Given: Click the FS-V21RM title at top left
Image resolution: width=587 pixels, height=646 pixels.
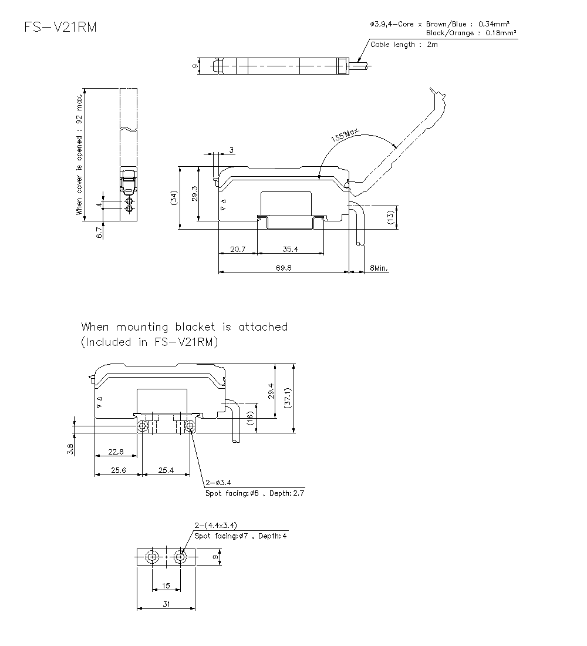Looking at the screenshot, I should [x=60, y=28].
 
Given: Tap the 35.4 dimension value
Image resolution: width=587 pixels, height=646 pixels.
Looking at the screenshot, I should [x=290, y=249].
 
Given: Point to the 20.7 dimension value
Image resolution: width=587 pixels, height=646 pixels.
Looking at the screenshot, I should [x=238, y=249].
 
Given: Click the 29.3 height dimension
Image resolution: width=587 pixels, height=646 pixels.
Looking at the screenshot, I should [x=195, y=193].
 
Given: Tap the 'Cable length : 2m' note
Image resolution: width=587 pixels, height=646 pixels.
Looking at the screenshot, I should [x=404, y=45].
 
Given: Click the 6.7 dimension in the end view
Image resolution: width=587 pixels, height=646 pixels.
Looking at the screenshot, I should [x=99, y=233].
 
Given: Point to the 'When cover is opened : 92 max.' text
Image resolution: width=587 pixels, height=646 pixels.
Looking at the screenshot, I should [x=79, y=154].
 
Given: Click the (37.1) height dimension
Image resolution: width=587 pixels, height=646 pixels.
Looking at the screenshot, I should [x=288, y=398].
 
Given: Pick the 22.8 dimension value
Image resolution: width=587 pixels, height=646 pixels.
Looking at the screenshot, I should [x=116, y=452].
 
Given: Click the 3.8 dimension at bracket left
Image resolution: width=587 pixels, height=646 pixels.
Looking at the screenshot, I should [x=70, y=449].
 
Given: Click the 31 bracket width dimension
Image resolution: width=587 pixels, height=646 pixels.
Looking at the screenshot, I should [x=166, y=604].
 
